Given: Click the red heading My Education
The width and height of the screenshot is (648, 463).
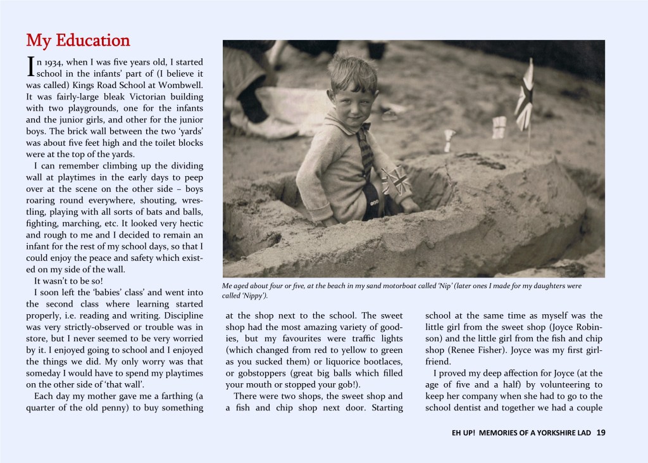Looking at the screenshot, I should [x=78, y=41].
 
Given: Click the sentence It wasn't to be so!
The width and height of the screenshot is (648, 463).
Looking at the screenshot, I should [x=66, y=281].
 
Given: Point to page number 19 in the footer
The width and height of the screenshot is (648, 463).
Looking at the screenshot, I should [x=601, y=433].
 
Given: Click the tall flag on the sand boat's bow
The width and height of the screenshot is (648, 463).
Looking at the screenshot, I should [x=525, y=95].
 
